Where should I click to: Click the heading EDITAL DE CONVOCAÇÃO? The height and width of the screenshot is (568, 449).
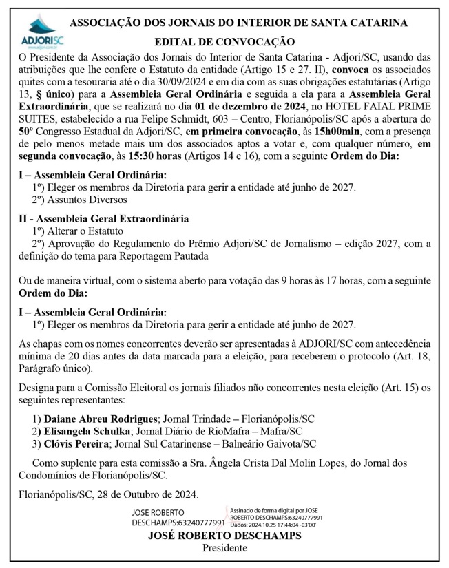pos(224,42)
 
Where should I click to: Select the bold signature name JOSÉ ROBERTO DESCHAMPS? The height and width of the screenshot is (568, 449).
pos(224,536)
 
